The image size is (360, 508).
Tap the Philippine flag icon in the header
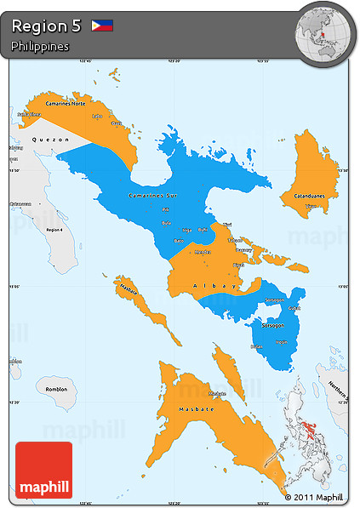pyautogui.click(x=102, y=26)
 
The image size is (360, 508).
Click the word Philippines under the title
pyautogui.click(x=40, y=46)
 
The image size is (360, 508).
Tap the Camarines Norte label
pyautogui.click(x=54, y=103)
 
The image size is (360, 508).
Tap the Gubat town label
pyautogui.click(x=295, y=308)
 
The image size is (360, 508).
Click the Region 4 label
pyautogui.click(x=55, y=230)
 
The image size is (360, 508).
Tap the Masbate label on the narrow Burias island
pyautogui.click(x=129, y=291)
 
